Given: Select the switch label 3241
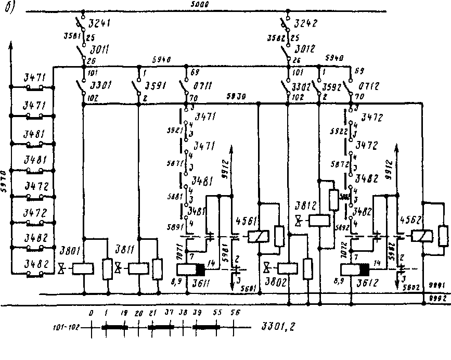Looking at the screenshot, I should tap(100, 24).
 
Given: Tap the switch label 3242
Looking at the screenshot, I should tap(305, 24).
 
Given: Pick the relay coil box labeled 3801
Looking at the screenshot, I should tap(83, 268).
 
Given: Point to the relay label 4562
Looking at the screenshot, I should tap(410, 220).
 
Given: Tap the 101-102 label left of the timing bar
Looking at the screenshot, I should tap(65, 328).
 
